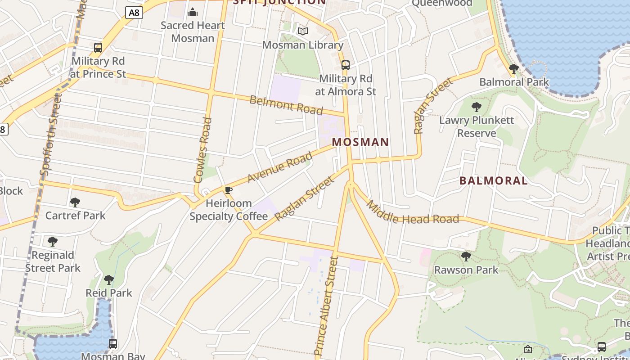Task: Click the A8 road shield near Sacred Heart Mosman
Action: point(134,13)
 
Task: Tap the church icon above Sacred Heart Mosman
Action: point(193,12)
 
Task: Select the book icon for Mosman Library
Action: point(303,31)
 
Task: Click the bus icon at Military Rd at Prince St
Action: point(98,47)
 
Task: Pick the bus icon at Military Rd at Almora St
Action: point(346,65)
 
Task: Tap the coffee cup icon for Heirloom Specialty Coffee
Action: point(229,190)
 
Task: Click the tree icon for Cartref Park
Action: point(75,202)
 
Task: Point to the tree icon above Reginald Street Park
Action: point(53,242)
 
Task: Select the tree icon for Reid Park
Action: point(109,280)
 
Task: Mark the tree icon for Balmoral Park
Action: point(513,69)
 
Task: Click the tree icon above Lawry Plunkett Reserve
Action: point(476,107)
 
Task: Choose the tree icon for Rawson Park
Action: point(466,256)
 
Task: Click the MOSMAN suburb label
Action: point(360,142)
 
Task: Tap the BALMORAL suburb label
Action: point(493,181)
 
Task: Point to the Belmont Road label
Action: point(286,105)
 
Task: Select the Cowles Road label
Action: point(202,150)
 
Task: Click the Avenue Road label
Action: point(280,167)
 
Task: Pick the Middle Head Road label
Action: point(412,214)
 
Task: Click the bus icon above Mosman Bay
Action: point(113,344)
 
